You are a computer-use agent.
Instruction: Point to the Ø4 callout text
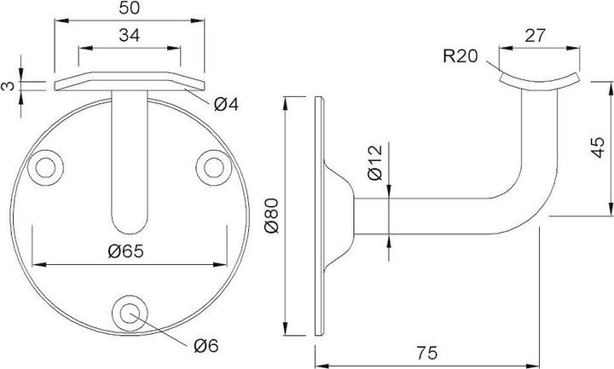(225, 105)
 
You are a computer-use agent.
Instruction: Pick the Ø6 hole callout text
(206, 346)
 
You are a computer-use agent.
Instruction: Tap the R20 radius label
(460, 58)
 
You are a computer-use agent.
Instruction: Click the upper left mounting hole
(48, 165)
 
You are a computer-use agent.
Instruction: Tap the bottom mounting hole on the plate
(130, 313)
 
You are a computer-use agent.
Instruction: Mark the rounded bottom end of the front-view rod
(130, 226)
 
